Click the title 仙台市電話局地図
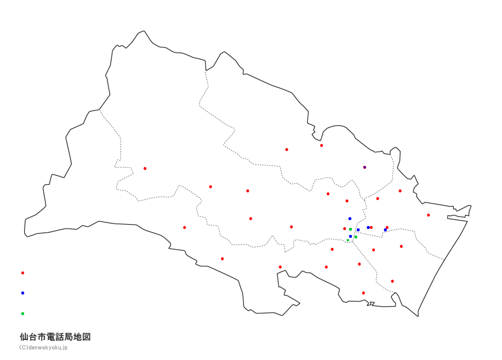[x=55, y=337]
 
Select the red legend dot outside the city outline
[x=22, y=273]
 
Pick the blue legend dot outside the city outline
[x=22, y=293]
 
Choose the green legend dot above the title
[x=22, y=313]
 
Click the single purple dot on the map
[x=364, y=167]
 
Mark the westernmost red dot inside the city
[x=145, y=168]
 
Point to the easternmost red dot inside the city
[x=428, y=215]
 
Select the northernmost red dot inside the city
[x=321, y=145]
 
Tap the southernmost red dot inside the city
[x=363, y=293]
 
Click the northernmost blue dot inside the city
[x=350, y=218]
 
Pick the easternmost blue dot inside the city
[x=385, y=230]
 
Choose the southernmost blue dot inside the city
[x=350, y=236]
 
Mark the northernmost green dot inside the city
[x=350, y=229]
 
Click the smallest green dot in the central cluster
[x=348, y=240]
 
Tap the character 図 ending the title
[x=86, y=337]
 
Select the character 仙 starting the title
[x=24, y=337]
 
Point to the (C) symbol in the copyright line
[x=23, y=348]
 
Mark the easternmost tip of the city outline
[x=471, y=205]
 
